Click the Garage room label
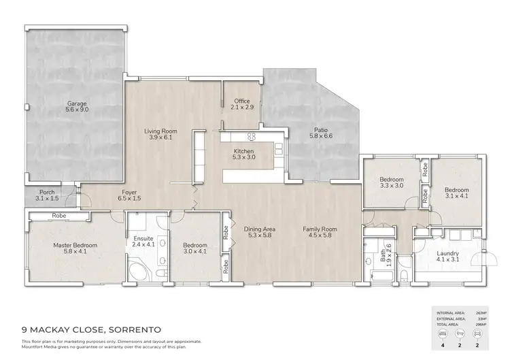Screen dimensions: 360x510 76,104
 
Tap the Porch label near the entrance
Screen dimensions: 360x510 47,192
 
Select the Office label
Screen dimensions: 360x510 242,101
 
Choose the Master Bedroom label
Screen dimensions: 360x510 75,245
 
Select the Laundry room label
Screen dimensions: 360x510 448,254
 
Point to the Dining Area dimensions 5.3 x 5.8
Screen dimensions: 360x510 260,238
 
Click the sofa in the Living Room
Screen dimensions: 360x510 200,154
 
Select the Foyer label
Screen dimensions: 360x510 129,192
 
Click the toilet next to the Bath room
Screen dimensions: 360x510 404,274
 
